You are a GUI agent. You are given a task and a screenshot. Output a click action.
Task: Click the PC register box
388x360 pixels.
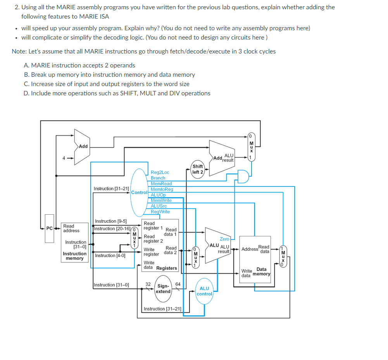(x=49, y=228)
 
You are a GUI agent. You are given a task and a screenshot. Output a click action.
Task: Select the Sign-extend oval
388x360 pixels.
(x=163, y=289)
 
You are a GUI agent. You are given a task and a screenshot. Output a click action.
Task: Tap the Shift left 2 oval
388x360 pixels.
(x=198, y=169)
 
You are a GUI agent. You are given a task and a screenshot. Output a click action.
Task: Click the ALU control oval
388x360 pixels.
(x=204, y=291)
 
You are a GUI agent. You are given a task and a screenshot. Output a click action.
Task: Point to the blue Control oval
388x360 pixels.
(x=139, y=192)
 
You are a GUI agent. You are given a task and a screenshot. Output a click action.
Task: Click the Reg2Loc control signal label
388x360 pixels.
(x=160, y=172)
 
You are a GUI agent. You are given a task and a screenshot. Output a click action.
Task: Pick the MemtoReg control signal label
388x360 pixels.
(x=162, y=189)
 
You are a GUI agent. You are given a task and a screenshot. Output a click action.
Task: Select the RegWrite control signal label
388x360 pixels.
(x=160, y=212)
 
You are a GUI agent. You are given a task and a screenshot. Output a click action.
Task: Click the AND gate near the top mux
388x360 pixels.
(x=243, y=176)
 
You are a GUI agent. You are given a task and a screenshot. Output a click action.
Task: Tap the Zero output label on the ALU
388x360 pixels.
(x=224, y=239)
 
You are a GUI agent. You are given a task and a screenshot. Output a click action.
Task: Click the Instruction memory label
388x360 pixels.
(x=75, y=256)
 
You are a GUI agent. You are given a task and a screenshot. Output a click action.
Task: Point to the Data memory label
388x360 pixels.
(x=262, y=272)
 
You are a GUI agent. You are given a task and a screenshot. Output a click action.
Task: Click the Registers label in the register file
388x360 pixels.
(x=166, y=268)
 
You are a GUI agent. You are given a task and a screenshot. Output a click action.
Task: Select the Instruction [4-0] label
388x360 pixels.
(x=110, y=255)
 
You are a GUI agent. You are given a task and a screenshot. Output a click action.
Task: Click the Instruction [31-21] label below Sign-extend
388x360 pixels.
(x=162, y=309)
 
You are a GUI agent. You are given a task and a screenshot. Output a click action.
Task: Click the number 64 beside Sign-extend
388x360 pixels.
(x=178, y=284)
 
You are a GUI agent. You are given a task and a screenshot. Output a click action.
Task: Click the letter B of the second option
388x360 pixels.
(x=26, y=75)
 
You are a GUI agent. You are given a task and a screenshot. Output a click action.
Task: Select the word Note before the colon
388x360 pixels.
(x=19, y=52)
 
